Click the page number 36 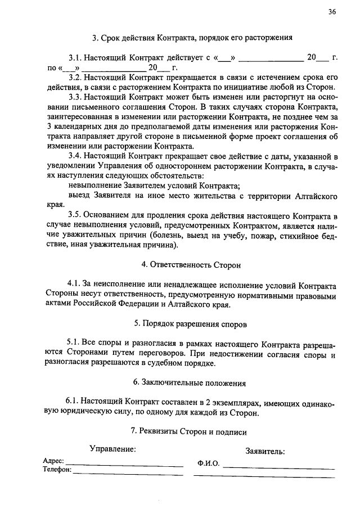(332, 12)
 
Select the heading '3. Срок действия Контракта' (192, 38)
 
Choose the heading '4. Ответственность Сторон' (192, 264)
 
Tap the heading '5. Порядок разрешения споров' (190, 324)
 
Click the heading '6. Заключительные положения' (190, 384)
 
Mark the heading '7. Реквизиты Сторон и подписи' (188, 432)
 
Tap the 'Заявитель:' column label (265, 451)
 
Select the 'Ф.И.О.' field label (208, 465)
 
